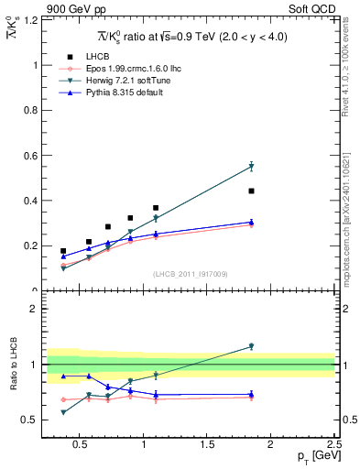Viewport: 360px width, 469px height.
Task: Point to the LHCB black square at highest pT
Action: (x=251, y=191)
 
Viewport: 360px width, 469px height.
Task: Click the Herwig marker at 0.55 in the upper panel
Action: (x=251, y=167)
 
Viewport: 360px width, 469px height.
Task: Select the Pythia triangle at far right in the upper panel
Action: (x=251, y=222)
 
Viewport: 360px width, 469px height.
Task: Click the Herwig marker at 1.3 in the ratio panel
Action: (x=251, y=346)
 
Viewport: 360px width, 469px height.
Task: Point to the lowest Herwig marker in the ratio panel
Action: (x=63, y=412)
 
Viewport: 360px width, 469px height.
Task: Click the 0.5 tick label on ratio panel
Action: (x=30, y=420)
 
